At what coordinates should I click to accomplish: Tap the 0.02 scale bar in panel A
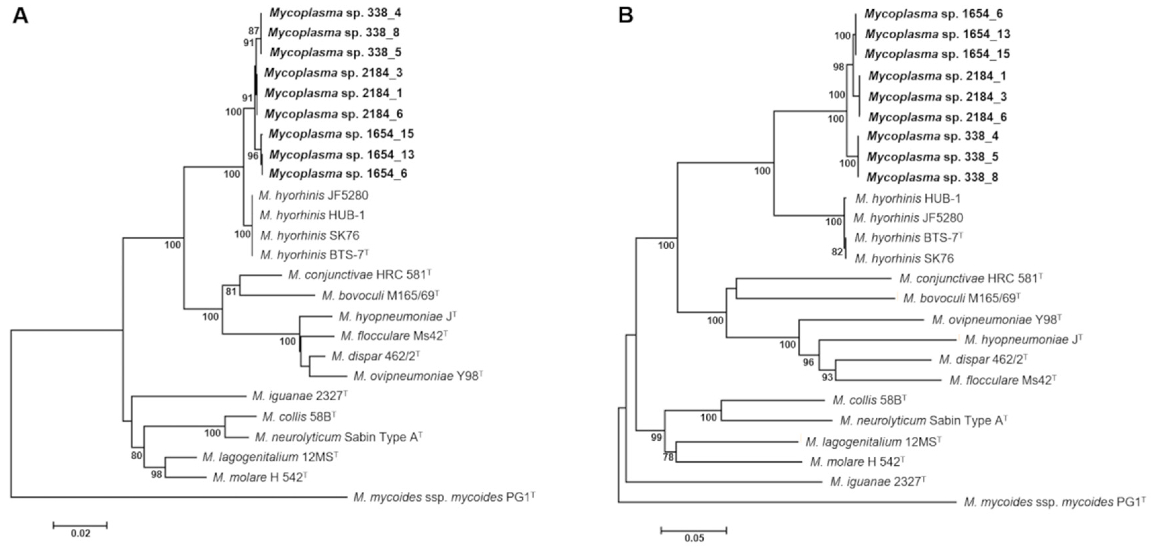[80, 525]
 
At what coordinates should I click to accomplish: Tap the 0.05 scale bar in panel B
[693, 530]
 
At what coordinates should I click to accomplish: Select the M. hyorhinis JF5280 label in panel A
[313, 195]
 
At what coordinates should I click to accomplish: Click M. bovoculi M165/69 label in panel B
[961, 298]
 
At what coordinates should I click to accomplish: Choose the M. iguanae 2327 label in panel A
[300, 396]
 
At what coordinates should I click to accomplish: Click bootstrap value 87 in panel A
[254, 31]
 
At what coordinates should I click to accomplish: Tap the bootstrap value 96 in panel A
[253, 156]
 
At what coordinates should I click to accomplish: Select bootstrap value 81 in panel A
[231, 292]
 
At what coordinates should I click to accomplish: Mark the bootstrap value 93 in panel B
[827, 377]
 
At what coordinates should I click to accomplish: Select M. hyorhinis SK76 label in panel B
[904, 258]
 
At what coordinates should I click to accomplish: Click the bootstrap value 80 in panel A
[136, 455]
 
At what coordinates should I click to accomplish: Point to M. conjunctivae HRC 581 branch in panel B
[813, 278]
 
